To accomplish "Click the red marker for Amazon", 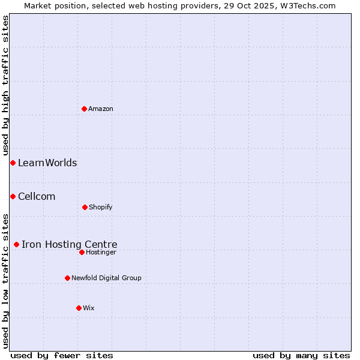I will (85, 109).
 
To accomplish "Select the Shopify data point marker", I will (85, 207).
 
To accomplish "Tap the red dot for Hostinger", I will (82, 252).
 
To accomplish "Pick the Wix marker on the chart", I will (79, 308).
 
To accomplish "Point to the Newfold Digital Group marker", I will (67, 278).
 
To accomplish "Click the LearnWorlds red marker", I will (13, 163).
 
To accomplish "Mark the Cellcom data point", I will (13, 196).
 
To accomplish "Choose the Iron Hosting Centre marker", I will (16, 244).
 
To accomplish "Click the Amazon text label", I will (101, 109).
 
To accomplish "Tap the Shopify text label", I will (101, 207).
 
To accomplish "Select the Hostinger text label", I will (101, 252).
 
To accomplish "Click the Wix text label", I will (89, 308).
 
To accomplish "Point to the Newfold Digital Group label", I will (106, 278).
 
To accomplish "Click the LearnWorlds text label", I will (47, 163).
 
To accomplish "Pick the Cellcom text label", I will (37, 196).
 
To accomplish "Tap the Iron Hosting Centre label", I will (70, 244).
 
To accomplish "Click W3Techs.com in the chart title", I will (306, 5).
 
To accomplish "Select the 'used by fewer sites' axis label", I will (62, 355).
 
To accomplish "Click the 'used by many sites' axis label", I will (301, 355).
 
